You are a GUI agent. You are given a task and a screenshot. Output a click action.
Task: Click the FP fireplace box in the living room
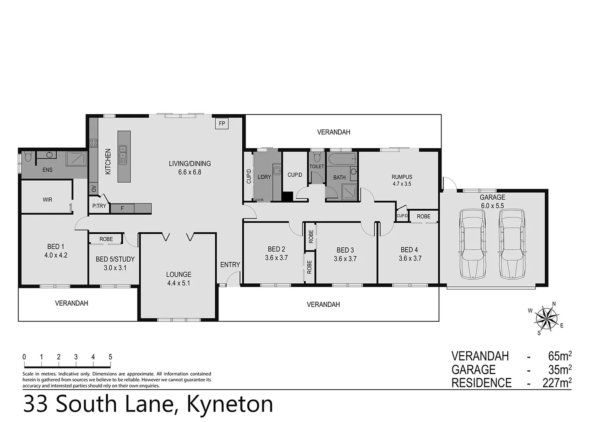pos(222,124)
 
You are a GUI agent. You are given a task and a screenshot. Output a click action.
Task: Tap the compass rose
pos(546,317)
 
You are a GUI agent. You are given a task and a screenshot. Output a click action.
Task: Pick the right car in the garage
pos(511,244)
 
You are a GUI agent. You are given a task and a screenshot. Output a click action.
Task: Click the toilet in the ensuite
pos(28,157)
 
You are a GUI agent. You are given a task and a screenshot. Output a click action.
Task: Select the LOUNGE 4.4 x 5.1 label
pos(179,279)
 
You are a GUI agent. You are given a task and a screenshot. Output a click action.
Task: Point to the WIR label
pos(47,200)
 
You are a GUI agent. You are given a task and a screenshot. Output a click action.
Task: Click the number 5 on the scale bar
pos(111,357)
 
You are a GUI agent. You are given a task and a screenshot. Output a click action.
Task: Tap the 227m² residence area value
pos(557,383)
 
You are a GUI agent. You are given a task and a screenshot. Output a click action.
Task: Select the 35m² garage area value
pos(560,369)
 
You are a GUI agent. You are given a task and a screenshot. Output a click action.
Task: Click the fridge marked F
pos(122,208)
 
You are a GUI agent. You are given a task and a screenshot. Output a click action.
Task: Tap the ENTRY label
pos(230,265)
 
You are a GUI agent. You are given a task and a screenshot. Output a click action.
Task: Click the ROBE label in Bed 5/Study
pos(106,239)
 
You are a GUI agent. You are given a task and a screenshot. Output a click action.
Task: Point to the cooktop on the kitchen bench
pos(93,143)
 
